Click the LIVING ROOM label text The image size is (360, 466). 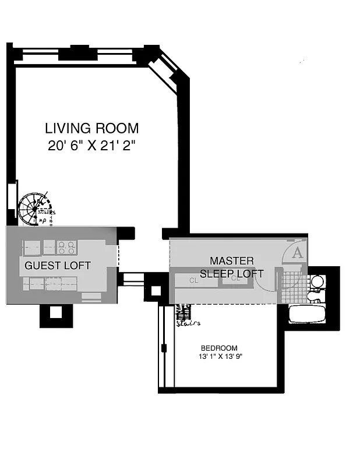point(92,128)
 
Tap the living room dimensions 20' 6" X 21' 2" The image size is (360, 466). point(91,146)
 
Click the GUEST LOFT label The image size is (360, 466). point(58,266)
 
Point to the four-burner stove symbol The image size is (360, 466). point(66,247)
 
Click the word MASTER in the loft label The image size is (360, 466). point(232,260)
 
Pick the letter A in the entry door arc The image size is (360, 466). point(297,253)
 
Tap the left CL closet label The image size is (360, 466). point(195,280)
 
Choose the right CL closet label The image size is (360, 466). point(235,278)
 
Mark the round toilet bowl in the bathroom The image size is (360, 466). point(317,283)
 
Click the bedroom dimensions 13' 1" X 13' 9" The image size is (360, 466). point(219,356)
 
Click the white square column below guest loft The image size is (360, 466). point(56,312)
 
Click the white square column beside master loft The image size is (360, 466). point(156,290)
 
